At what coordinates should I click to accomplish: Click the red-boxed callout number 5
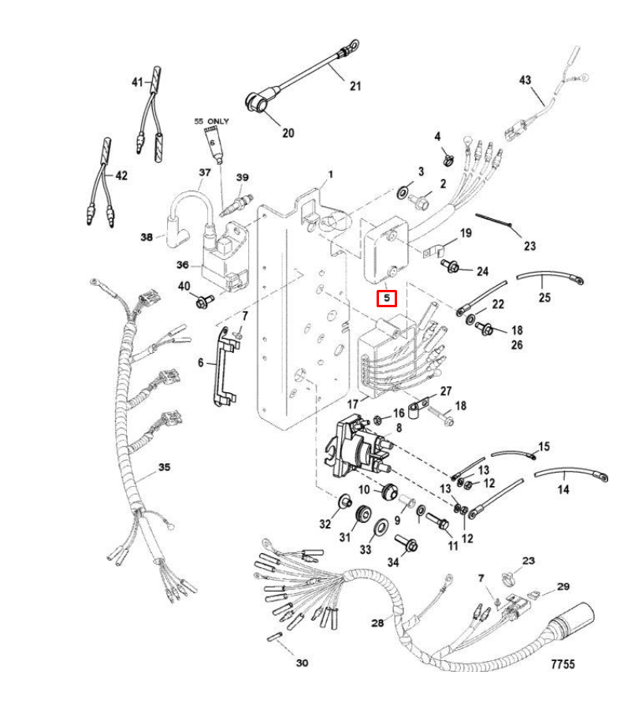[x=387, y=299]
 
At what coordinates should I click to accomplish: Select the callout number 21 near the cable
[x=355, y=86]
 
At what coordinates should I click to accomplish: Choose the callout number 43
[x=525, y=80]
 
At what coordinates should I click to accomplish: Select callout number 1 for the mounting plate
[x=331, y=174]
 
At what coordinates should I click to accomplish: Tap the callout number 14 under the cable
[x=563, y=489]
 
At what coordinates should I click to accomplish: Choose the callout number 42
[x=121, y=176]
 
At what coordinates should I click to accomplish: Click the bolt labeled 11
[x=437, y=520]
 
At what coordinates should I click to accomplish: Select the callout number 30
[x=302, y=663]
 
